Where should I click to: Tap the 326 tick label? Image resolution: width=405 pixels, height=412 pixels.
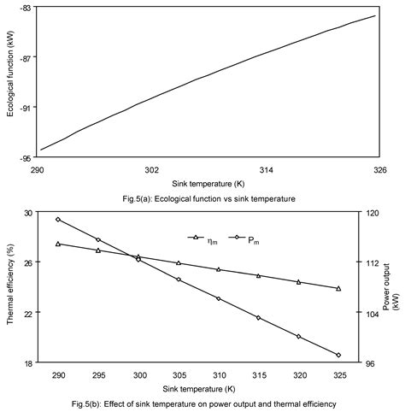click(x=375, y=170)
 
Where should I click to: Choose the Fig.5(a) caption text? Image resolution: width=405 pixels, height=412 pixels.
click(x=208, y=198)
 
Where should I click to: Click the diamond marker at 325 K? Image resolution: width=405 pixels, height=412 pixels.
click(x=339, y=355)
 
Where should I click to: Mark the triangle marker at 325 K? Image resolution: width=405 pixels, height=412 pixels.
click(x=339, y=288)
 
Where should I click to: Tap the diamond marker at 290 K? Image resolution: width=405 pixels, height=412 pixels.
click(x=58, y=220)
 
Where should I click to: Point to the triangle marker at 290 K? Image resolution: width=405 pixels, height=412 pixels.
click(x=58, y=244)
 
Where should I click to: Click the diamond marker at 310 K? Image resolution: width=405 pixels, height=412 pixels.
click(x=219, y=298)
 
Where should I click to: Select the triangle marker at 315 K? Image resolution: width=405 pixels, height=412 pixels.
click(x=259, y=275)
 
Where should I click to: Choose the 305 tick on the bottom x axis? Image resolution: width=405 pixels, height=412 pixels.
click(x=179, y=375)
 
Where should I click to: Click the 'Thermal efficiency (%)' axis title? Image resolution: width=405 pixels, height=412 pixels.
click(x=9, y=286)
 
